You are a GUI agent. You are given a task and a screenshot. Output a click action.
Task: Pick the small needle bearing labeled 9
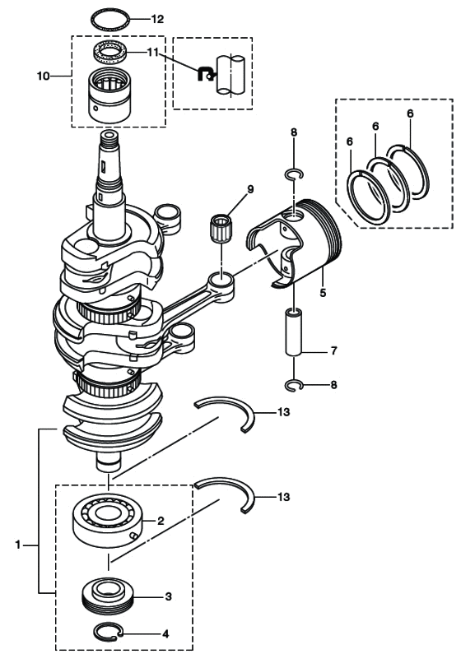click(220, 225)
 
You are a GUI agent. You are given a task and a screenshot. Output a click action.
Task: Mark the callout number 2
click(161, 520)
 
